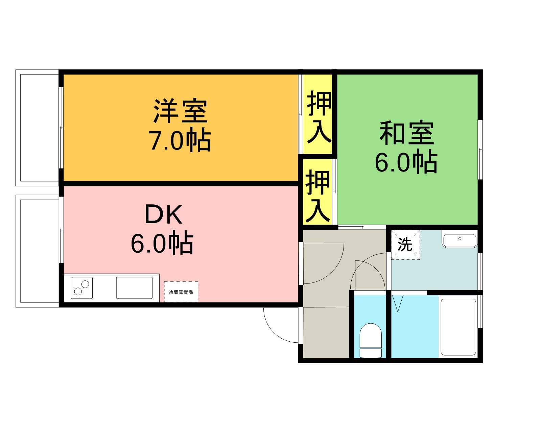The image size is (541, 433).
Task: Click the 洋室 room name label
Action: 180,111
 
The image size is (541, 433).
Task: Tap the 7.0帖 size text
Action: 180,139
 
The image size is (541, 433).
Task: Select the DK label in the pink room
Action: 163,215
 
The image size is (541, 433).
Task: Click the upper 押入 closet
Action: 318,115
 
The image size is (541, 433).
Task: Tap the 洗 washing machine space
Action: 405,244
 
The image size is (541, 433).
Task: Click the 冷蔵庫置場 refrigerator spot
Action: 181,292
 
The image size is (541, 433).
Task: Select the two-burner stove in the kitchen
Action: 81,288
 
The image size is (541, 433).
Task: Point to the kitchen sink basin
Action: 134,288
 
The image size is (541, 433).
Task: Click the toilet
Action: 370,340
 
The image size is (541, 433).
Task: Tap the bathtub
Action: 458,326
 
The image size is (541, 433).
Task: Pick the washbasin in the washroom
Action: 460,241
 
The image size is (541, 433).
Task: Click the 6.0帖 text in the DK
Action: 162,243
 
